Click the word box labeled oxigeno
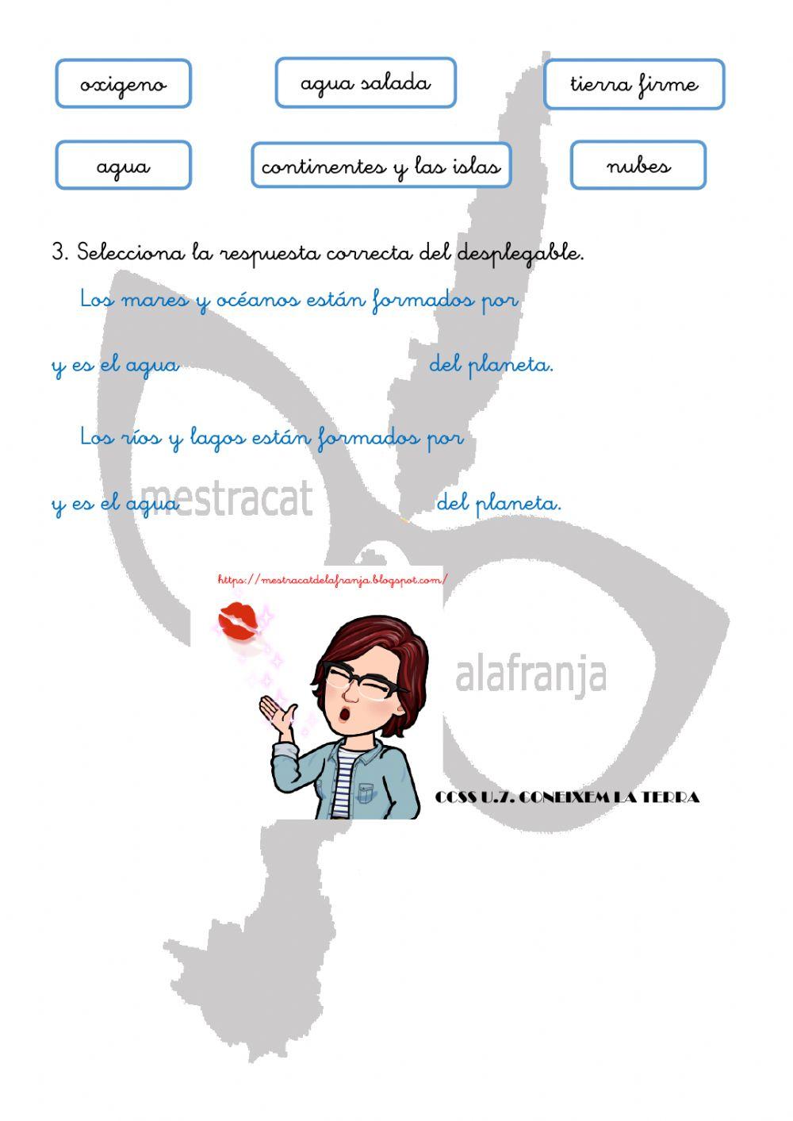[123, 83]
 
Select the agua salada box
[366, 83]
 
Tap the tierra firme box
[634, 83]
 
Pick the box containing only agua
[123, 165]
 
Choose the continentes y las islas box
[381, 165]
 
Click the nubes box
[638, 165]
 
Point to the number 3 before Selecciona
[59, 252]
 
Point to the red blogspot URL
[332, 580]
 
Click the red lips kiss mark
[238, 620]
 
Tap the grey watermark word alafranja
[531, 675]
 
